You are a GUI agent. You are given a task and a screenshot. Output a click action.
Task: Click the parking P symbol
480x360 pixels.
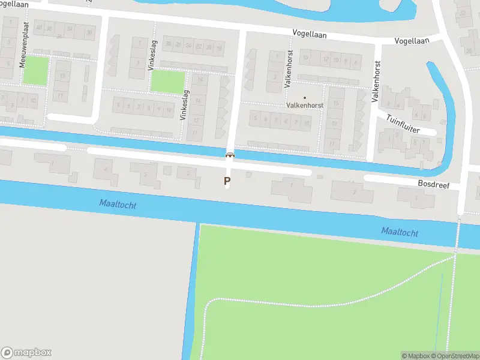point(227,180)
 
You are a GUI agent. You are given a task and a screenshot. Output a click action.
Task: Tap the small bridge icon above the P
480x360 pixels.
point(229,155)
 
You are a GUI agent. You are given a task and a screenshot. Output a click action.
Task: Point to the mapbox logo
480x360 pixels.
point(26,352)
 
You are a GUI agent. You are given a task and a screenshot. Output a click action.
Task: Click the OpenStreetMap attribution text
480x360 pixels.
point(454,356)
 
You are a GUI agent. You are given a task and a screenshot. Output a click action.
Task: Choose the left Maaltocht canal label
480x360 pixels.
point(118,205)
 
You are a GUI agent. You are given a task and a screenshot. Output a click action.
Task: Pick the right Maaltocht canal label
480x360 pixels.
point(400,232)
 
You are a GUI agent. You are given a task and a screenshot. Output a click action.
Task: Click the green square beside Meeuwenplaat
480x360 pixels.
point(35,70)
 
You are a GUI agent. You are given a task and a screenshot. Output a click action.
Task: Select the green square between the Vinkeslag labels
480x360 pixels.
point(168,82)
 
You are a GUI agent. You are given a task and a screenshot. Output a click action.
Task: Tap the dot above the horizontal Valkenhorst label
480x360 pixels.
point(304,97)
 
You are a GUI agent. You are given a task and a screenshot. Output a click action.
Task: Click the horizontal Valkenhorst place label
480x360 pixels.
point(304,104)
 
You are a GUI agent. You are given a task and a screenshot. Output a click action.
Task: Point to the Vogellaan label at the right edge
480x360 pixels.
point(412,41)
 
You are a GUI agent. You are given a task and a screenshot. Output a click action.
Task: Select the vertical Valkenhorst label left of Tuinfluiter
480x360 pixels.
point(377,82)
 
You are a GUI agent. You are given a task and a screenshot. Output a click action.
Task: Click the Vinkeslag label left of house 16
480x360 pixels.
point(184,105)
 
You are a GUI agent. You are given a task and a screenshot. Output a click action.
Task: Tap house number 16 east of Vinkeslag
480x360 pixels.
point(199,79)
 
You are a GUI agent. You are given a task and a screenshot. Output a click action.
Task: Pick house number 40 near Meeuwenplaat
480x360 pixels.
point(39,28)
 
